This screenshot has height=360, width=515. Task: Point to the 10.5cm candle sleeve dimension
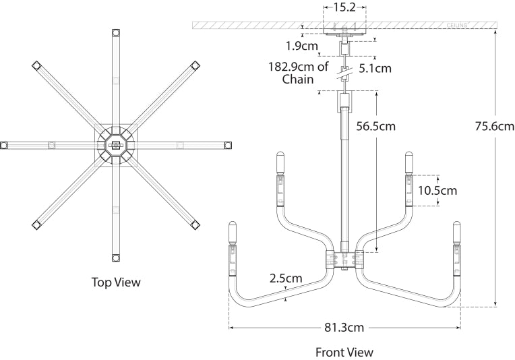pyautogui.click(x=437, y=191)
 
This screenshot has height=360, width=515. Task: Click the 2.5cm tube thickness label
pyautogui.click(x=286, y=278)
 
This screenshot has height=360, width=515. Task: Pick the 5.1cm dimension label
pyautogui.click(x=375, y=67)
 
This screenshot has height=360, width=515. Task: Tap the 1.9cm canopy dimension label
pyautogui.click(x=301, y=46)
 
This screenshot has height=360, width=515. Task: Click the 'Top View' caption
pyautogui.click(x=116, y=282)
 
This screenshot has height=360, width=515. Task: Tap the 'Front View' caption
pyautogui.click(x=344, y=352)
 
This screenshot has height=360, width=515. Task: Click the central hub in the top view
pyautogui.click(x=116, y=145)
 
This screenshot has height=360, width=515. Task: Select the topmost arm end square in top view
pyautogui.click(x=116, y=32)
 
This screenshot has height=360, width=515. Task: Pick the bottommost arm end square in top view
pyautogui.click(x=116, y=258)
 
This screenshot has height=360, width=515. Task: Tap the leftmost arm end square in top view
pyautogui.click(x=4, y=145)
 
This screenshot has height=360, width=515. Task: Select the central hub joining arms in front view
pyautogui.click(x=345, y=260)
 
